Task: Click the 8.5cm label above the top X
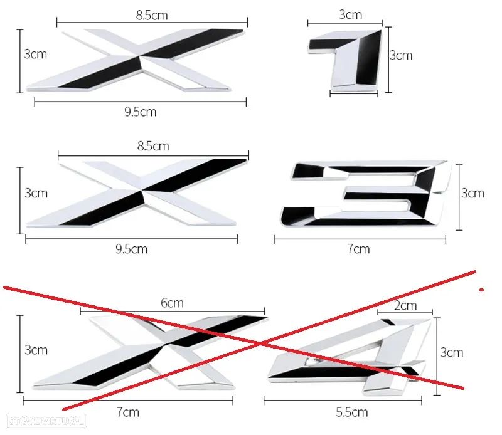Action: coord(152,14)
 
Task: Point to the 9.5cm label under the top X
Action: coord(140,112)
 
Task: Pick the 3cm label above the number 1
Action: coord(350,14)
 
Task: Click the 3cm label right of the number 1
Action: coord(401,55)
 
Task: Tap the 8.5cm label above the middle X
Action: coord(153,146)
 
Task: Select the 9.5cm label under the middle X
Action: coord(132,249)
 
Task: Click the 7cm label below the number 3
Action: coord(359,249)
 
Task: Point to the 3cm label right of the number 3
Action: coord(473,193)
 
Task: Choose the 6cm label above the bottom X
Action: coord(172,303)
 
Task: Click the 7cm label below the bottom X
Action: coord(128,412)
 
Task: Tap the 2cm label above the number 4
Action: coord(405,306)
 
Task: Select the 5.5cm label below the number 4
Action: coord(352,412)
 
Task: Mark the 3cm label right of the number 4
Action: coord(452,352)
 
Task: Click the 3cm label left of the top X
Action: coord(35,55)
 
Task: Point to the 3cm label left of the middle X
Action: coord(36,193)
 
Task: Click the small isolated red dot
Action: coord(481,290)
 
